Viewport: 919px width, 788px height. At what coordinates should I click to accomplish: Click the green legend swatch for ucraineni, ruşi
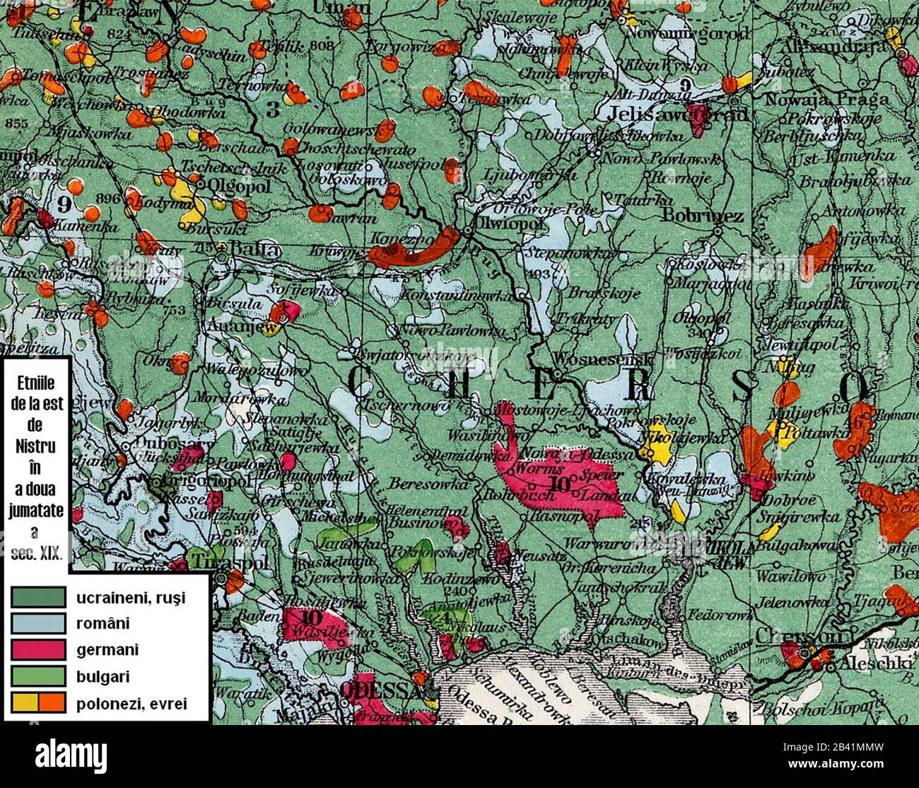pos(38,598)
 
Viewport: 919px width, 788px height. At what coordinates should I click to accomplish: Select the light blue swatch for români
pos(38,624)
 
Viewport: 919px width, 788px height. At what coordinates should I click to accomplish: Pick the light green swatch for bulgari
pos(38,676)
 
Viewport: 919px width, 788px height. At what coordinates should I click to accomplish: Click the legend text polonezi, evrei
pos(131,702)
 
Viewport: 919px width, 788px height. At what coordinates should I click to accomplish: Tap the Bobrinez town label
pos(703,216)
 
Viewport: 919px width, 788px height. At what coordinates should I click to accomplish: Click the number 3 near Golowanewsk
pos(274,110)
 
